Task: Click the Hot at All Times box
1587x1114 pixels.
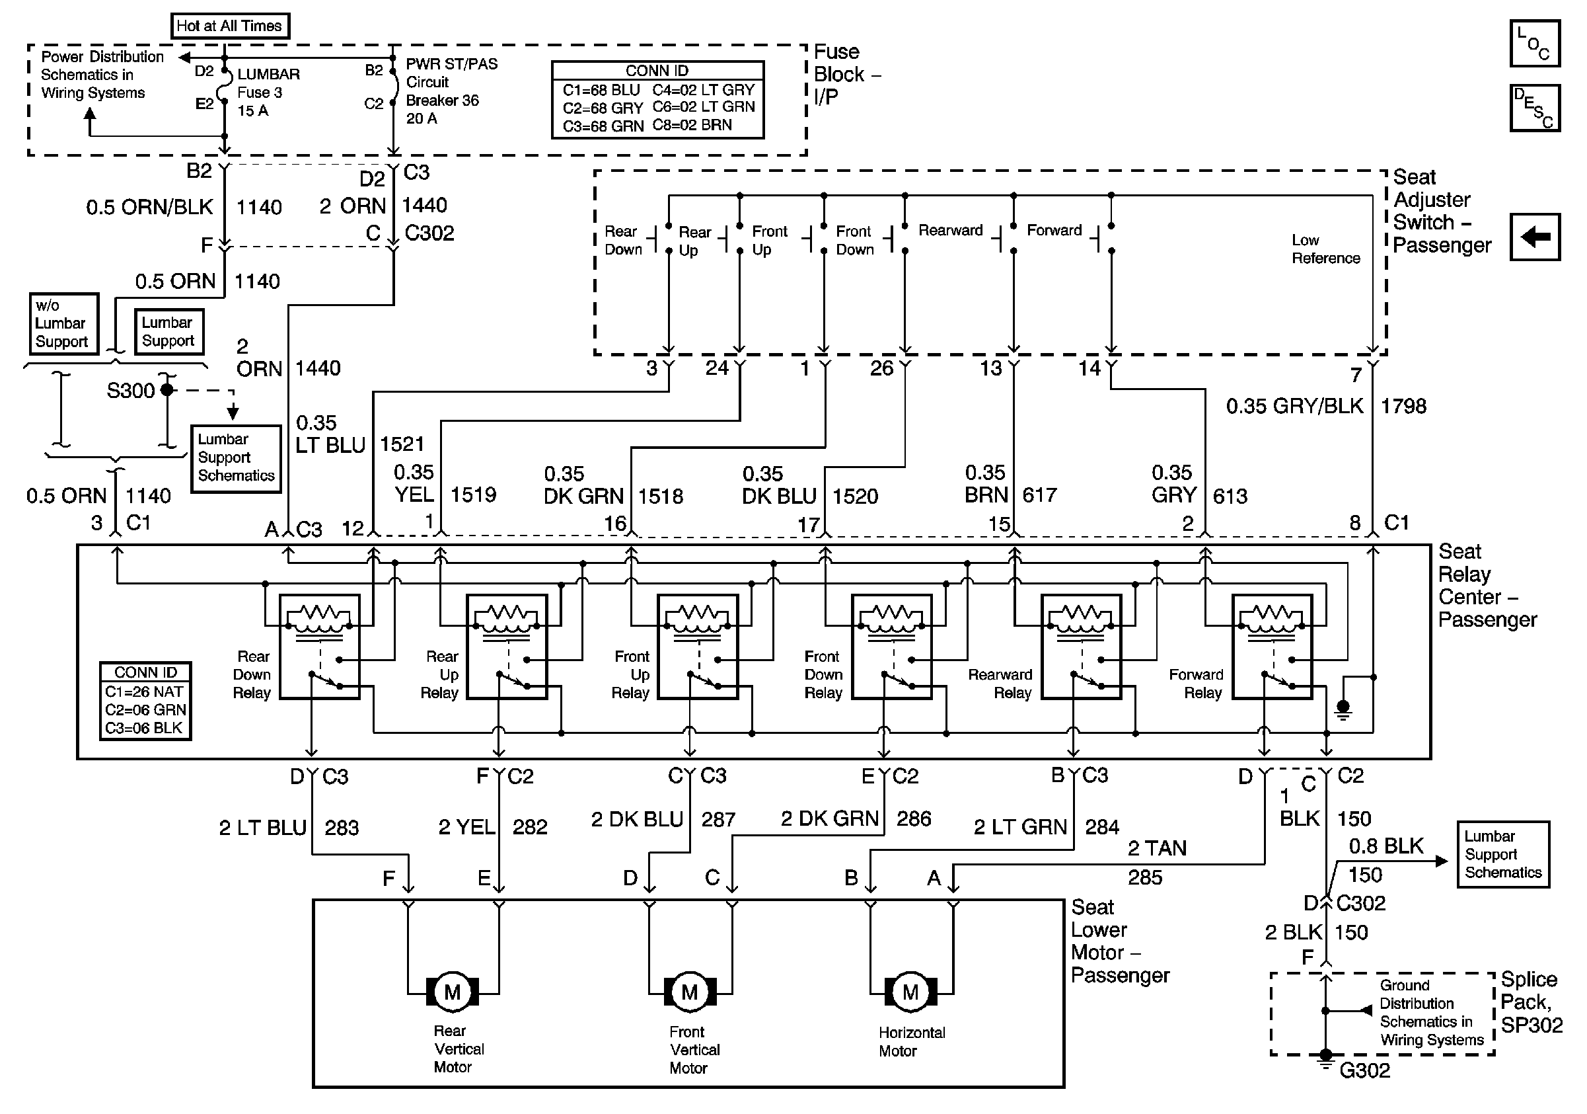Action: pos(229,26)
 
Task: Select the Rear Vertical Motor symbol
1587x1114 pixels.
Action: pos(452,992)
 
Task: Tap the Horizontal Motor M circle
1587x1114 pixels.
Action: pos(910,992)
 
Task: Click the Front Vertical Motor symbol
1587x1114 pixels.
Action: pos(689,992)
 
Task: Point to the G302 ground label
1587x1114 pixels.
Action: pos(1364,1071)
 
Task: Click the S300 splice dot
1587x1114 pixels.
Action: pos(166,390)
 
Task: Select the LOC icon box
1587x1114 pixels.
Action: pos(1534,43)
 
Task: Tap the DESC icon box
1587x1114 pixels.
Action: pos(1534,108)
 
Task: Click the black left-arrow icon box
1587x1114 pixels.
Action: pos(1534,237)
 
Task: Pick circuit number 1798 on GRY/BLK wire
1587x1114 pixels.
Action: pos(1403,406)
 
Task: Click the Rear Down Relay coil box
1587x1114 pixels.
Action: pos(319,647)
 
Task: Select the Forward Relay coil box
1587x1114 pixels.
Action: pos(1272,647)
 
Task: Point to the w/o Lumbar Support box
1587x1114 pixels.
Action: pos(62,323)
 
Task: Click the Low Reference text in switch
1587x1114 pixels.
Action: pos(1325,249)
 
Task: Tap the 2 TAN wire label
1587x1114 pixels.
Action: pos(1157,848)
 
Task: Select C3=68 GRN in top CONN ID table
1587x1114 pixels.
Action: pos(603,126)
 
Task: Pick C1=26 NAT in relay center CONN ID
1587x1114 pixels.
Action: pos(145,692)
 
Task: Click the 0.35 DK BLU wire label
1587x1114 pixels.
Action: pos(779,485)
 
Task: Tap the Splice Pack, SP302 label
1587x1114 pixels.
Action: pos(1531,1002)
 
